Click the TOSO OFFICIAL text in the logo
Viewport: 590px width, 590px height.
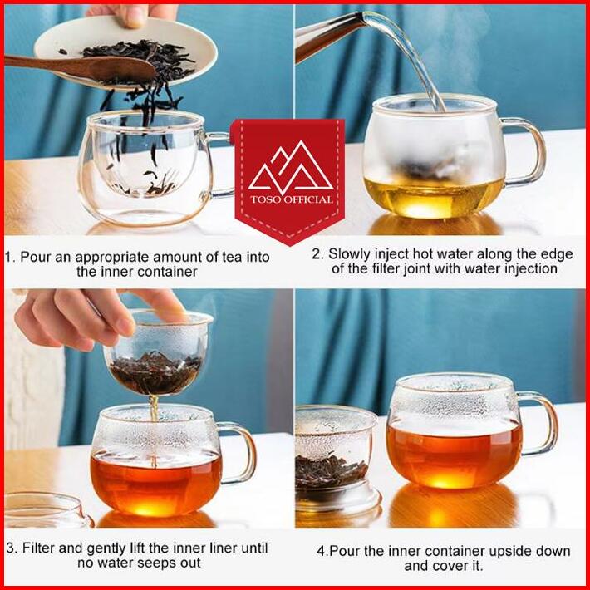point(292,199)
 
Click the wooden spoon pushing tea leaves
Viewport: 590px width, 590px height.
point(80,67)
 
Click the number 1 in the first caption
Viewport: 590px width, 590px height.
point(8,257)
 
